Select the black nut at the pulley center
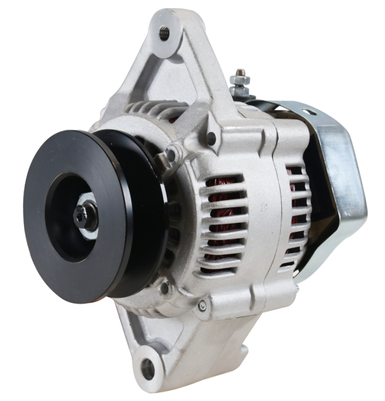pos(83,216)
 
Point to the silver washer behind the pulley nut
pos(91,221)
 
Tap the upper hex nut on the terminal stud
pos(239,80)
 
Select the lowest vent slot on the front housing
pos(221,271)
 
